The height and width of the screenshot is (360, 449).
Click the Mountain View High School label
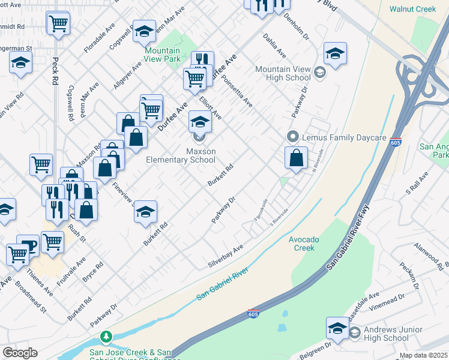(283, 74)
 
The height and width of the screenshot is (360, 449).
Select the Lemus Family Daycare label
(343, 137)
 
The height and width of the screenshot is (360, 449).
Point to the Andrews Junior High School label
(387, 334)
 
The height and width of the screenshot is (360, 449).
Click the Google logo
(20, 353)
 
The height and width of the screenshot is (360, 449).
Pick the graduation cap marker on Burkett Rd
(145, 211)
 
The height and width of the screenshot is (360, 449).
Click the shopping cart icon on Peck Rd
(58, 23)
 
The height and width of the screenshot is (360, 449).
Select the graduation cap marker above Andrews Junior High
(337, 328)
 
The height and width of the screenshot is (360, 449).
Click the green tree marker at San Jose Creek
(106, 337)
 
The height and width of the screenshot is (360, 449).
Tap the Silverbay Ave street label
(225, 256)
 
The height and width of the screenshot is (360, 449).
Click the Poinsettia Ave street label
(237, 91)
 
